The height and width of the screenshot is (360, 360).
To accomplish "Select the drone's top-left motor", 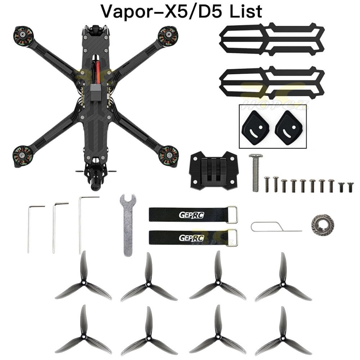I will click(23, 36).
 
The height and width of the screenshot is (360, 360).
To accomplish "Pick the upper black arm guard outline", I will click(272, 40).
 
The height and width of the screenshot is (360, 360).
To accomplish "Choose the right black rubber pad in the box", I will click(290, 128).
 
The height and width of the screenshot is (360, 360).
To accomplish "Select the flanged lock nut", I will click(323, 225).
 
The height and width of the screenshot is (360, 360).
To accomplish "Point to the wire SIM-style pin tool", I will click(274, 228).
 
